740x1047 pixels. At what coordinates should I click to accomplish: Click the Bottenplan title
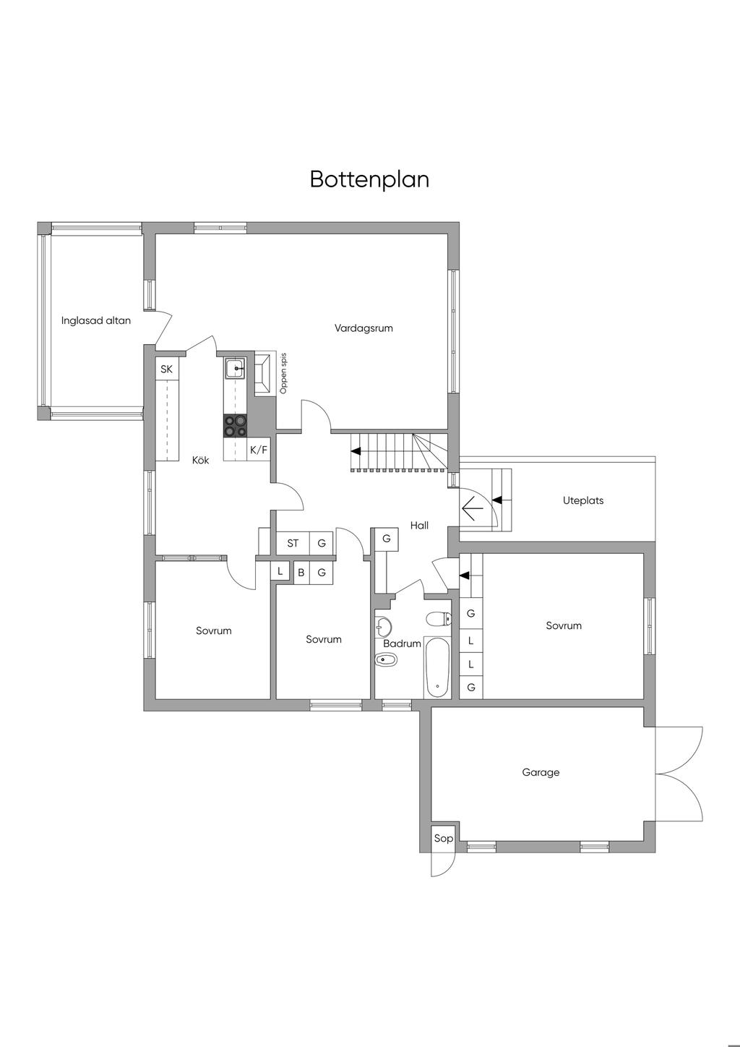pos(369,179)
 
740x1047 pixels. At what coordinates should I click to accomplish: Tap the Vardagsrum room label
pos(363,328)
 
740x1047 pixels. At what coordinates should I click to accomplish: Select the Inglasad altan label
pos(96,320)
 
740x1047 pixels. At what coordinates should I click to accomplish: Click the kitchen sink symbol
pos(236,369)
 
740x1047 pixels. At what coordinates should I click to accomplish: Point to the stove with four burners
pos(236,425)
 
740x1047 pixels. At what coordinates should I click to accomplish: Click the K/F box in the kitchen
pos(259,450)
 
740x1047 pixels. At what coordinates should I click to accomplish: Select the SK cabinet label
pos(167,369)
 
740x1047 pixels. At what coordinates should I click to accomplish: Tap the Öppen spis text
pos(283,374)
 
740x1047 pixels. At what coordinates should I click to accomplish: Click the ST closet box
pos(293,543)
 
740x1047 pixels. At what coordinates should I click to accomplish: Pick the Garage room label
pos(541,772)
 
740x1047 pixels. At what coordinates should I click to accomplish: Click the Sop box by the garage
pos(443,838)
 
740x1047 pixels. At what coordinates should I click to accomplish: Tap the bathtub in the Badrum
pos(436,666)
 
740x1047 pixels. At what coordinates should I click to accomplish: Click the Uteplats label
pos(583,500)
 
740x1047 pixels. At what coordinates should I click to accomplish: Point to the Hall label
pos(419,526)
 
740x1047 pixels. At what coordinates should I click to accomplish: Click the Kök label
pos(200,460)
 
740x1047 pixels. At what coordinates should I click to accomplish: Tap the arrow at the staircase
pos(356,450)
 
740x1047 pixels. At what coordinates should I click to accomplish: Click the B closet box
pos(301,573)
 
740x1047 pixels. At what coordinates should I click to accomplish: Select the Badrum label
pos(402,644)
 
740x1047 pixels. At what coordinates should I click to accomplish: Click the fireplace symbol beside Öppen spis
pos(264,373)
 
